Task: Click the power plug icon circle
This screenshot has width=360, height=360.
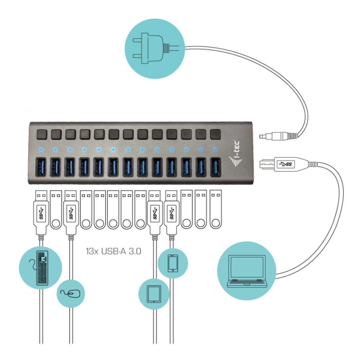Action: coord(155,49)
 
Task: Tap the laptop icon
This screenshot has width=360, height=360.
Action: coord(247,271)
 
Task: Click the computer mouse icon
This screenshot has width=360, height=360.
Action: coord(71,294)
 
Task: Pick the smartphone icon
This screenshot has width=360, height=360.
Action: coord(173,263)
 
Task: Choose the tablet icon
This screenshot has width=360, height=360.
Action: coord(154,294)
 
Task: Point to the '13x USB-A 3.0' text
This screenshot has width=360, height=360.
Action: coord(114,251)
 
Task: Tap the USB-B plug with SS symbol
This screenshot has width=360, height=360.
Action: coord(284,164)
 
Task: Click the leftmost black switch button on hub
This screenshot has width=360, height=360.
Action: coord(42,134)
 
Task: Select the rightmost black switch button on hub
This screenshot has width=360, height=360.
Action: coord(216,134)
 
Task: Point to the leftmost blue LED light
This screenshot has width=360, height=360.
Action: coord(41,150)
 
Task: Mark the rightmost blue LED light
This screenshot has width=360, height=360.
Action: coord(215,150)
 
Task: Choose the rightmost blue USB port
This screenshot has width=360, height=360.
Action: coord(216,167)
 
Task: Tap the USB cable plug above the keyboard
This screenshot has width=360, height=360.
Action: coord(41,212)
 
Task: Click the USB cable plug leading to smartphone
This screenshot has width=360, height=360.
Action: coord(171,212)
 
